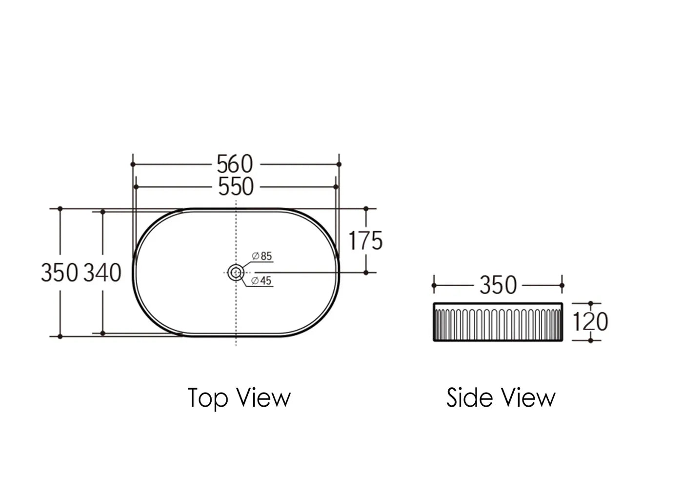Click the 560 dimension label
235,164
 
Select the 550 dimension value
236,187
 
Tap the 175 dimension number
365,240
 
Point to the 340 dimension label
102,273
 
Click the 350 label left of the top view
60,273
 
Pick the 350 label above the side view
498,285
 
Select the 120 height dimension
590,322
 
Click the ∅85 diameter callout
262,256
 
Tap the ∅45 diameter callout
261,281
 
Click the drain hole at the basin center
236,273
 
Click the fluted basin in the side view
498,322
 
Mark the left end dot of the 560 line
133,164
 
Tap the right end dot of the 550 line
336,187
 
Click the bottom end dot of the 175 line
366,273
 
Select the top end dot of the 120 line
591,303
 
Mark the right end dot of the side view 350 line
562,285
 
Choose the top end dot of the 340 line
102,212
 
